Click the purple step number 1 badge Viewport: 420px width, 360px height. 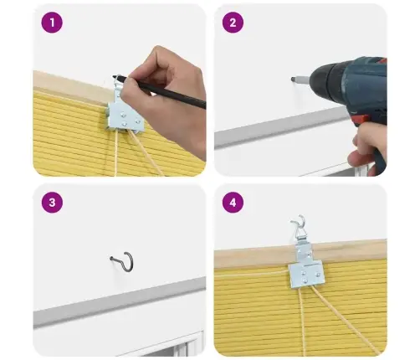tap(51, 23)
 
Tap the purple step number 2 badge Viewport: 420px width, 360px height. tap(233, 23)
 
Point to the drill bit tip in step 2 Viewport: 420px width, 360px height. tap(294, 80)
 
